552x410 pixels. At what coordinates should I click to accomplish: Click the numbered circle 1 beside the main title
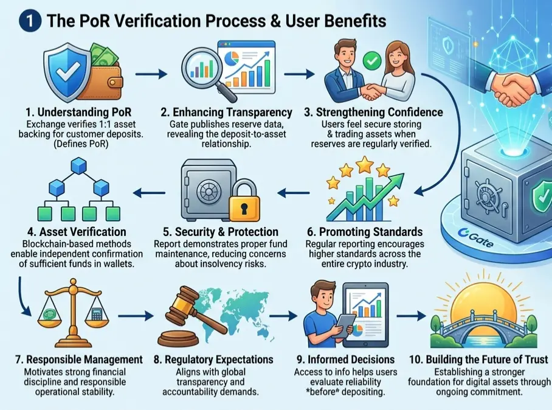30,21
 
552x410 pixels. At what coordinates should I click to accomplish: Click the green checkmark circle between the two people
372,61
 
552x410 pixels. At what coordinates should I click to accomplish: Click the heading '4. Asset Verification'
77,232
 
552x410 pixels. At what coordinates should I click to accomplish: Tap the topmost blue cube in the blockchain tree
78,166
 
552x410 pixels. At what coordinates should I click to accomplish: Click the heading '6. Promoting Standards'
365,232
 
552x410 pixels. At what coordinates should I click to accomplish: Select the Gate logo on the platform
475,238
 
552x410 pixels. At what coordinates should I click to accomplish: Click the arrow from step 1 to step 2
151,74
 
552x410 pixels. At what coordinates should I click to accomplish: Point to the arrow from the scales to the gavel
136,316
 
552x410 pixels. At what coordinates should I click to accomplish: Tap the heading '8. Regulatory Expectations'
213,360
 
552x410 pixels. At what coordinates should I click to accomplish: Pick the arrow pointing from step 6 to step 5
294,193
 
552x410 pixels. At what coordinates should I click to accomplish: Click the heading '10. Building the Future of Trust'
478,360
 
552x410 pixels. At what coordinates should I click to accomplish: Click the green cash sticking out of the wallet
102,55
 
